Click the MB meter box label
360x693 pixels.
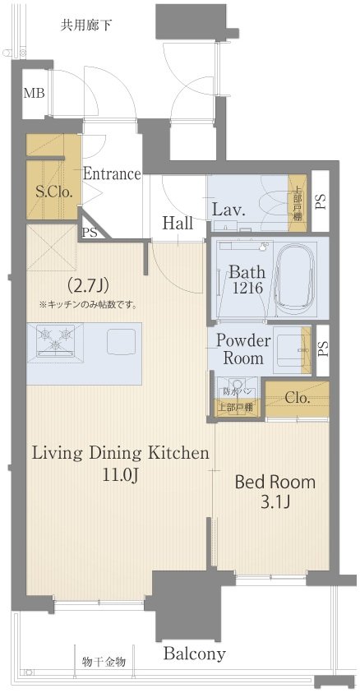[34, 94]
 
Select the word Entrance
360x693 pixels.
[113, 173]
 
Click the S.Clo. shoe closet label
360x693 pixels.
[53, 192]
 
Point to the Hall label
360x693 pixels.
[178, 224]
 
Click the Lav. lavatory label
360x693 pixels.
[228, 210]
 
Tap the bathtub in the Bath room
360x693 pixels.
[294, 279]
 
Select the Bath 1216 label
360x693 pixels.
[247, 280]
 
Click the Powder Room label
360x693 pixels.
[243, 349]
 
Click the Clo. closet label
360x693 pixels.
[298, 398]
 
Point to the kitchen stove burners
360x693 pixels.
[55, 340]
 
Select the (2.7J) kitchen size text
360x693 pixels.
[86, 287]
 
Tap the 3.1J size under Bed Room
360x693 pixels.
[275, 503]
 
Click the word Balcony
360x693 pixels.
[194, 654]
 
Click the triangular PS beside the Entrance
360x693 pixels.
[90, 231]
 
